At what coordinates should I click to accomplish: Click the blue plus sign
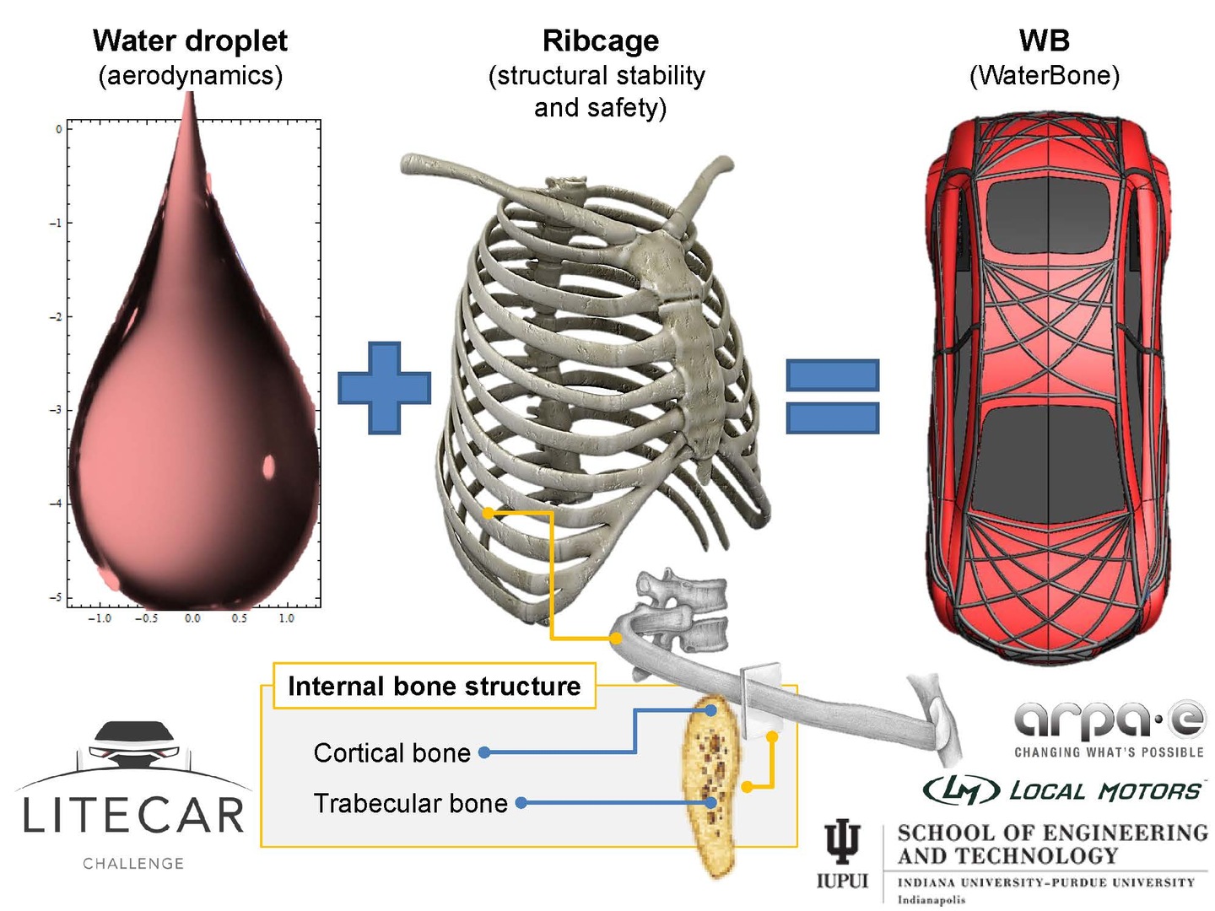coord(384,388)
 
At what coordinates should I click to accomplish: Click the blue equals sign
coord(832,396)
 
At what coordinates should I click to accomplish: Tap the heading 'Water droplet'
coord(190,40)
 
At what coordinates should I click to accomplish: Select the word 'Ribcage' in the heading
coord(600,40)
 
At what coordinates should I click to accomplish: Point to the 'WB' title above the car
coord(1044,40)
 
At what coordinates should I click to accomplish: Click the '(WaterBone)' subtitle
coord(1044,76)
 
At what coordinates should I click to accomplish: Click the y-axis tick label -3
coord(56,410)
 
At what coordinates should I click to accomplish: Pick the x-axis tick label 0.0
coord(192,618)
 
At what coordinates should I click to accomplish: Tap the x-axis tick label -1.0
coord(99,618)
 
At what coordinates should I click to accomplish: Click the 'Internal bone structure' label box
coord(434,686)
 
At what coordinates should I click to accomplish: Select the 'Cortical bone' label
coord(391,752)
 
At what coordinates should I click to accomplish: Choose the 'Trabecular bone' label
coord(410,803)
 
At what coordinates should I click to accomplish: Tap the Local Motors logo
coord(1063,790)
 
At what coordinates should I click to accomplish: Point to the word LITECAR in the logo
coord(133,816)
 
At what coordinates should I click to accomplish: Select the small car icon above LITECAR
coord(132,743)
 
